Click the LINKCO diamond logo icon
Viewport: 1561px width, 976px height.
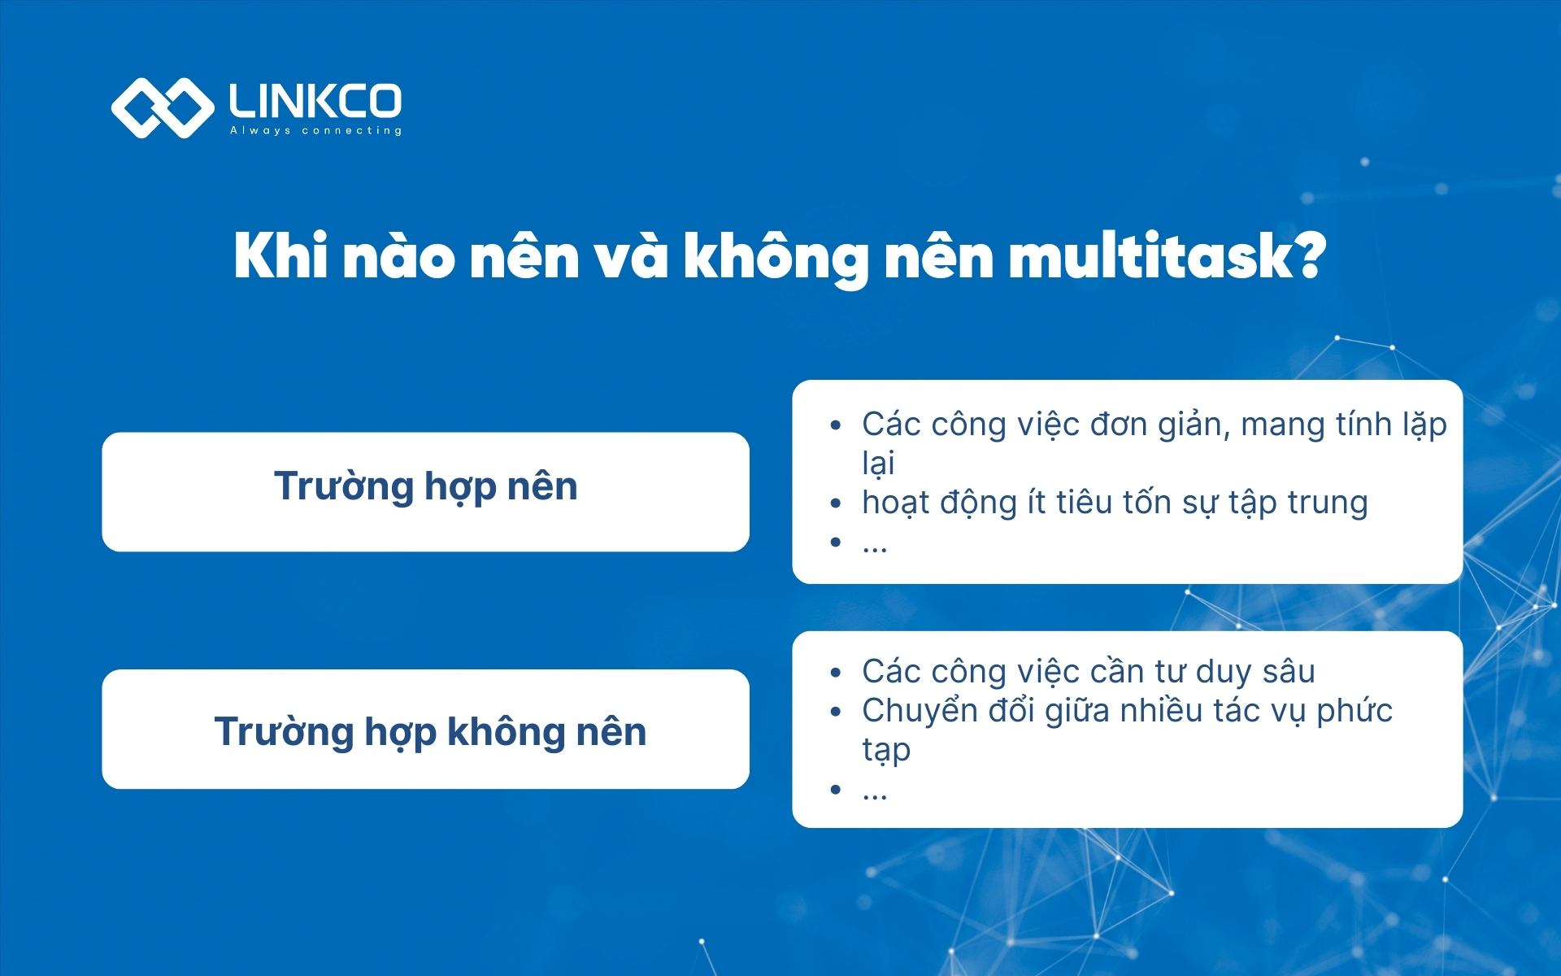162,107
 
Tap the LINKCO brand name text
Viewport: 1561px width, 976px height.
315,101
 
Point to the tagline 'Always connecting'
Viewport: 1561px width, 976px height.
315,131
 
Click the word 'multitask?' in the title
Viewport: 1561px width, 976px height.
1167,257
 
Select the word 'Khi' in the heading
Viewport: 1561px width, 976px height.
280,257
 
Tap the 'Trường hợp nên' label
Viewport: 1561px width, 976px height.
425,487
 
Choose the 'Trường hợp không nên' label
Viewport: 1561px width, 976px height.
430,732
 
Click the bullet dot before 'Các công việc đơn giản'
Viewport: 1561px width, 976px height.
835,425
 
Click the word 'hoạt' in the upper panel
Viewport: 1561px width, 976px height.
895,503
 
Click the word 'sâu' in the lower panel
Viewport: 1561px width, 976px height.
1289,672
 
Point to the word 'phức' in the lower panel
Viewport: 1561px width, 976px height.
1354,712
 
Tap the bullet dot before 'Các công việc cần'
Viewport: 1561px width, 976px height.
835,673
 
